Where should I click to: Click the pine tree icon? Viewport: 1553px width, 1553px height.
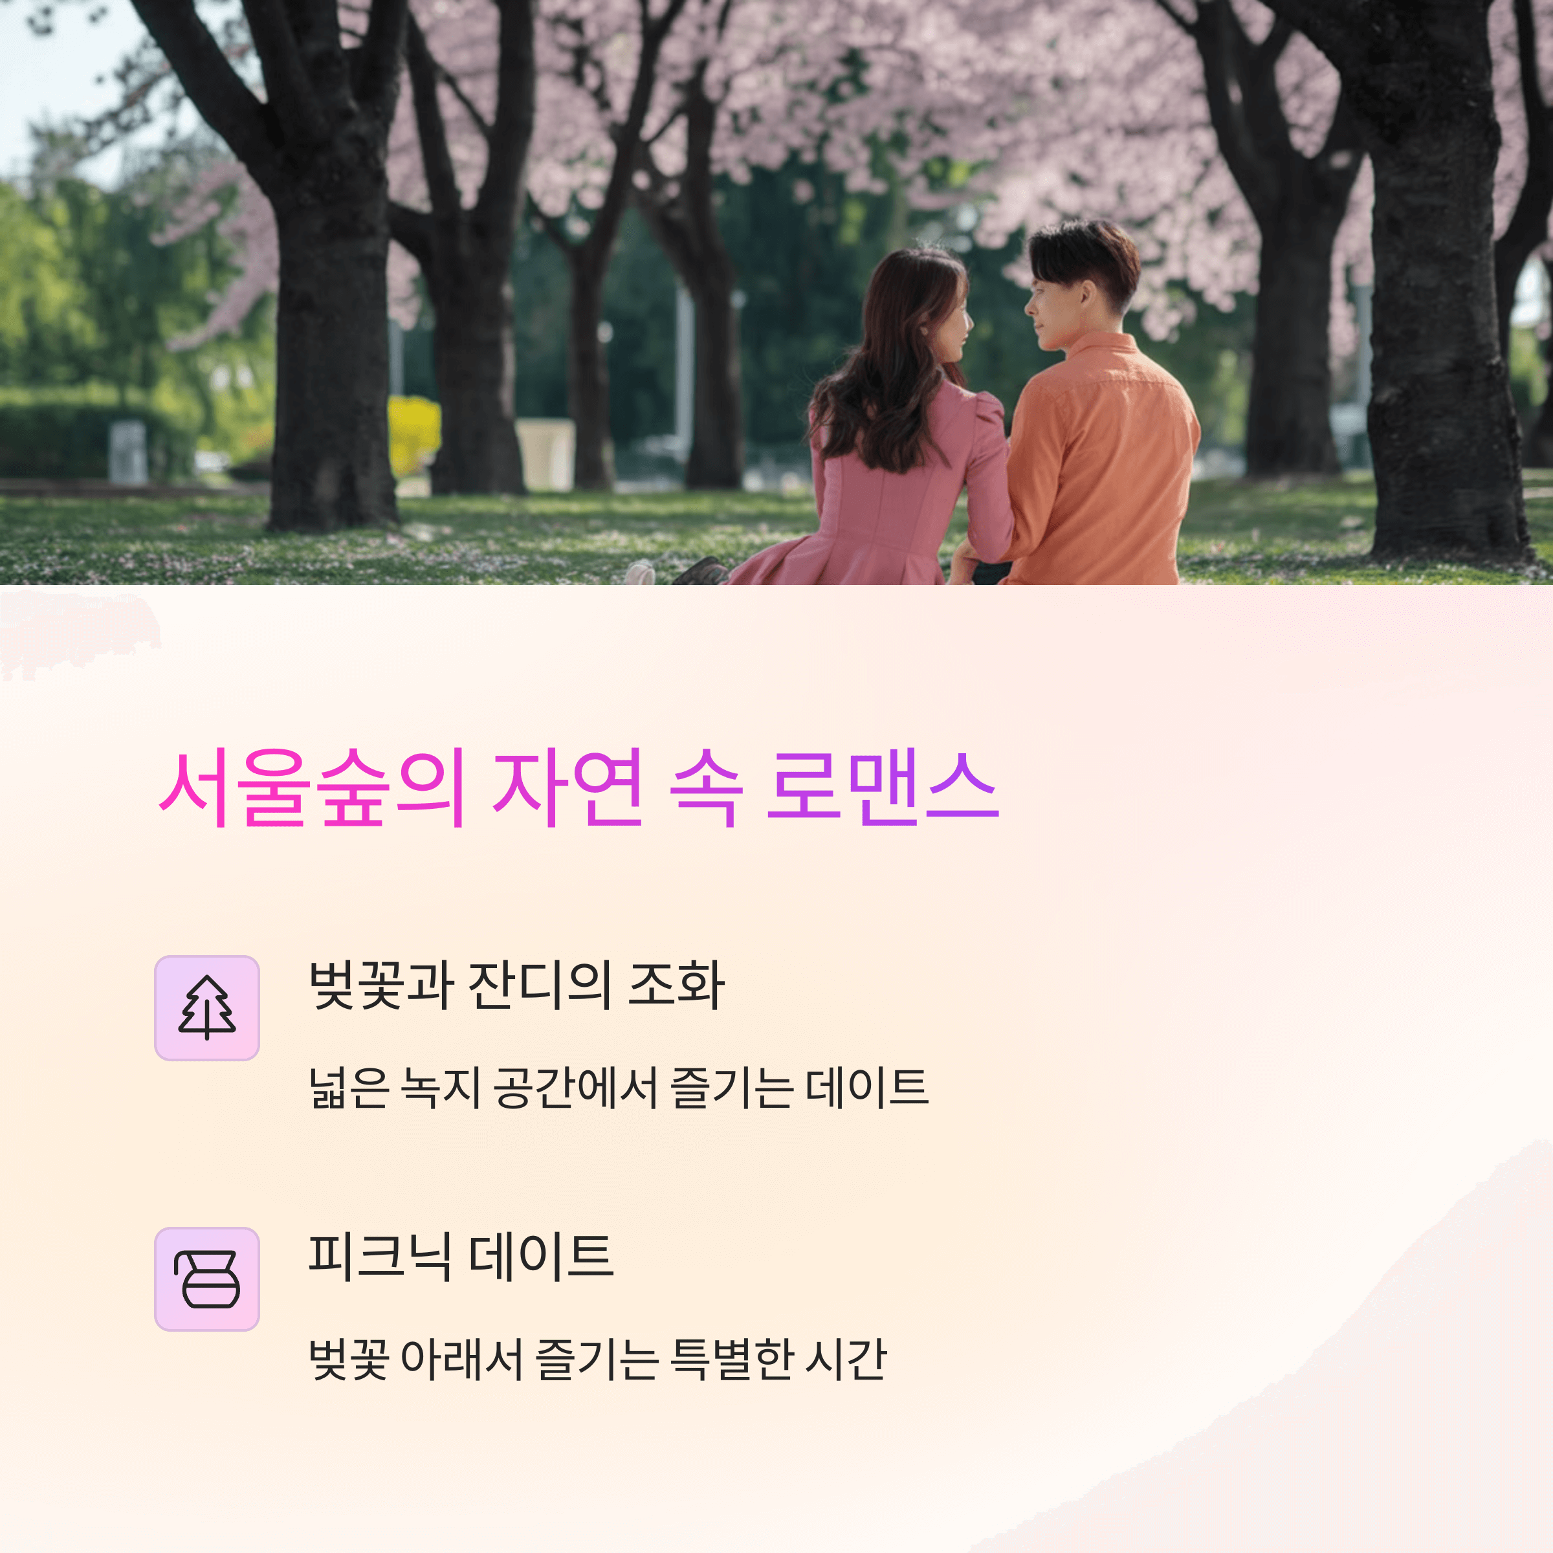coord(206,1008)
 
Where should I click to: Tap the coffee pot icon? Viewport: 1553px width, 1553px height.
coord(206,1279)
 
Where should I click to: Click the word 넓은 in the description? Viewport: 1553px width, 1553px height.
coord(348,1088)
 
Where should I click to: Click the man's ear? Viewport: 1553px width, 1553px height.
coord(1088,296)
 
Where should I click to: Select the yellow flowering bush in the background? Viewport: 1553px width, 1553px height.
coord(414,434)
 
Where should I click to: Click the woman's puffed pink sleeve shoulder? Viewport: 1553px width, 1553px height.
coord(987,418)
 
